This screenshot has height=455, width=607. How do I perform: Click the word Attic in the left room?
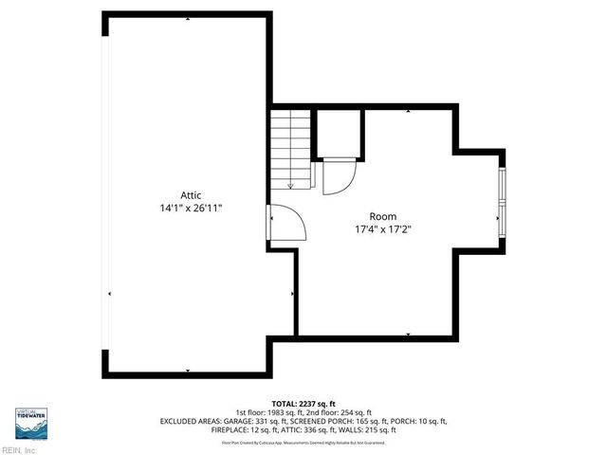pyautogui.click(x=191, y=195)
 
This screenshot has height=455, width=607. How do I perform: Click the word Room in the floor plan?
pyautogui.click(x=383, y=216)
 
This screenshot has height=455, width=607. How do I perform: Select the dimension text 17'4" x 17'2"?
pyautogui.click(x=383, y=228)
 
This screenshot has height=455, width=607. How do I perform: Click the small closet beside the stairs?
pyautogui.click(x=337, y=133)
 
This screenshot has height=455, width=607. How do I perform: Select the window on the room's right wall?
pyautogui.click(x=502, y=204)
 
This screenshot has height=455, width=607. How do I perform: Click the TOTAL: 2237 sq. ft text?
pyautogui.click(x=303, y=403)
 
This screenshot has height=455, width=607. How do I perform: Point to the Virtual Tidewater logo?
pyautogui.click(x=31, y=423)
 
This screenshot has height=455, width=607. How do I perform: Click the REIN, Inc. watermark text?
pyautogui.click(x=19, y=450)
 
